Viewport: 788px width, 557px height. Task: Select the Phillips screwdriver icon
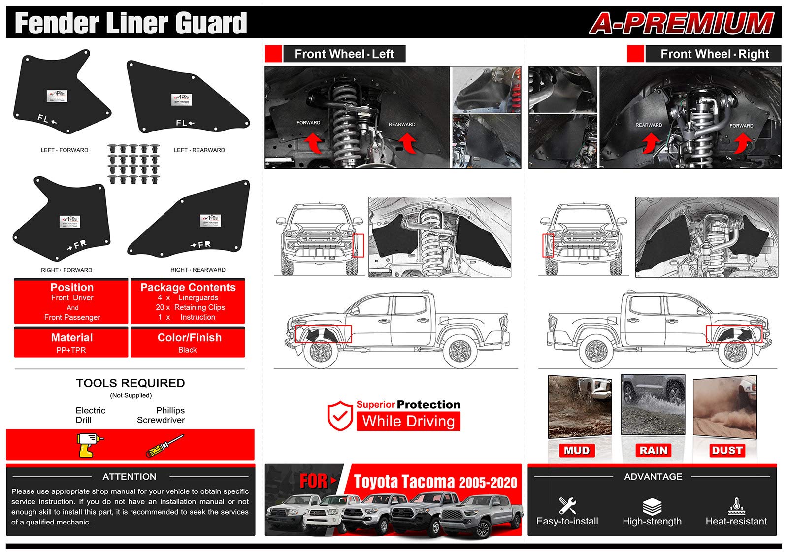pyautogui.click(x=164, y=445)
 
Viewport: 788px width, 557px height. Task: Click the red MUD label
pyautogui.click(x=576, y=450)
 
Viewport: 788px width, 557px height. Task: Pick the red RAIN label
pyautogui.click(x=653, y=450)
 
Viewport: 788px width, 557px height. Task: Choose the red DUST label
pyautogui.click(x=727, y=450)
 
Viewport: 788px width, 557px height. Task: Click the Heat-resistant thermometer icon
pyautogui.click(x=736, y=506)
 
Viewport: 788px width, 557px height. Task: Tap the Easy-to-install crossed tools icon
pyautogui.click(x=567, y=506)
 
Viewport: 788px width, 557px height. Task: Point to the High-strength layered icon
pyautogui.click(x=652, y=506)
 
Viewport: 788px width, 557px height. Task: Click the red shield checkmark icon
pyautogui.click(x=340, y=415)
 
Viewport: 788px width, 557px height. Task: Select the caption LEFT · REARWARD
pyautogui.click(x=199, y=150)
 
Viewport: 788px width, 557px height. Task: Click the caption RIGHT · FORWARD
pyautogui.click(x=66, y=270)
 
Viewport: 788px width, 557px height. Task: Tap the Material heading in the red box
pyautogui.click(x=72, y=338)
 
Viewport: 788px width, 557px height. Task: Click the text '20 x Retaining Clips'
pyautogui.click(x=190, y=307)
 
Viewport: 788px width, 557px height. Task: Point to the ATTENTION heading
pyautogui.click(x=130, y=477)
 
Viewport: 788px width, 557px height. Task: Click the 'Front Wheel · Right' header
pyautogui.click(x=714, y=54)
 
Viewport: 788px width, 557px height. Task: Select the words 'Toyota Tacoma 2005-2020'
pyautogui.click(x=435, y=482)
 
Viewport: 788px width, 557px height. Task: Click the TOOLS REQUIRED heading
pyautogui.click(x=131, y=383)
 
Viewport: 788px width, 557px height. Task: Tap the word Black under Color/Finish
pyautogui.click(x=187, y=350)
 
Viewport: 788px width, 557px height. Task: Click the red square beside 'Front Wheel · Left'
pyautogui.click(x=273, y=54)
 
